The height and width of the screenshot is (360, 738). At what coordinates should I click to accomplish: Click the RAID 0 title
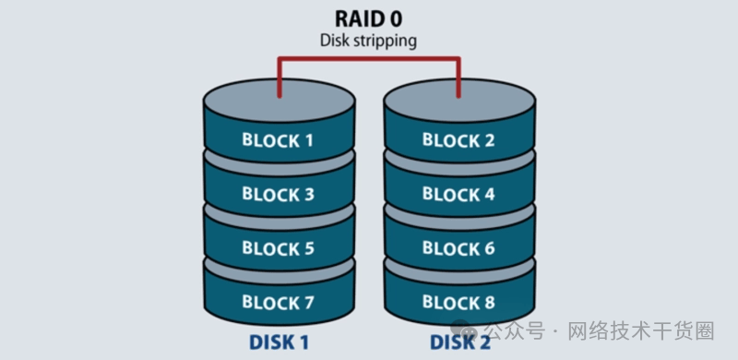pyautogui.click(x=368, y=18)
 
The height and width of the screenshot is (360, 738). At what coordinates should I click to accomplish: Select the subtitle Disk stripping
pyautogui.click(x=368, y=41)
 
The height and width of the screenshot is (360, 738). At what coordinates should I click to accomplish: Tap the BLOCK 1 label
pyautogui.click(x=278, y=140)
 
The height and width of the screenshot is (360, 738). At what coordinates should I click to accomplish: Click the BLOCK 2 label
pyautogui.click(x=458, y=140)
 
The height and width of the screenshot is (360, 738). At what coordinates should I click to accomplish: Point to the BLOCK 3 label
pyautogui.click(x=279, y=194)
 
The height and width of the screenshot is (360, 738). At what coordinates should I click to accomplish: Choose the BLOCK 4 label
pyautogui.click(x=458, y=194)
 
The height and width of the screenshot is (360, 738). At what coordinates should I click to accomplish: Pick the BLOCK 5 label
pyautogui.click(x=279, y=248)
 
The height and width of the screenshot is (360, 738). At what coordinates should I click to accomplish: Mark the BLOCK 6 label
pyautogui.click(x=458, y=248)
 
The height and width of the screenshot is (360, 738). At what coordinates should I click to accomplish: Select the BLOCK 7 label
pyautogui.click(x=278, y=302)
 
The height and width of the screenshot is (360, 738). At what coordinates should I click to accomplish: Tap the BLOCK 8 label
pyautogui.click(x=458, y=302)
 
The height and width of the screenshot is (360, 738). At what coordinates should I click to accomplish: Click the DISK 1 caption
pyautogui.click(x=279, y=342)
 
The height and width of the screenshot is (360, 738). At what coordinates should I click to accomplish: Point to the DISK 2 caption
pyautogui.click(x=459, y=342)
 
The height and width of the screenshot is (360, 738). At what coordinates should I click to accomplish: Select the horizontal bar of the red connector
pyautogui.click(x=369, y=59)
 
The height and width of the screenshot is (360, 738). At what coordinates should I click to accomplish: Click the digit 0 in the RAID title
pyautogui.click(x=395, y=18)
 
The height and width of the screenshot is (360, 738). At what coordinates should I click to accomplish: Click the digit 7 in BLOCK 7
pyautogui.click(x=307, y=302)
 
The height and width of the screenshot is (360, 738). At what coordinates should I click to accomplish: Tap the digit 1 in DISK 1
pyautogui.click(x=304, y=342)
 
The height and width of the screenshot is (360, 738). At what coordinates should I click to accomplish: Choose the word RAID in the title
pyautogui.click(x=357, y=18)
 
